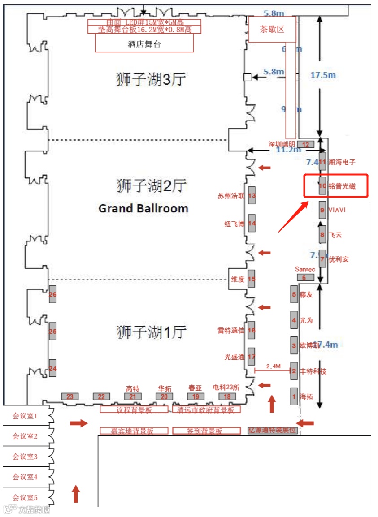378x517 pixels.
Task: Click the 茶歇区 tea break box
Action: tap(272, 30)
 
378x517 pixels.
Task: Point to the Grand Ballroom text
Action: tap(143, 208)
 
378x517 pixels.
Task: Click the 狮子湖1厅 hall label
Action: tap(151, 332)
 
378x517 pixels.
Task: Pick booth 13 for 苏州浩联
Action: tap(252, 196)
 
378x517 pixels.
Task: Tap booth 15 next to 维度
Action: tap(252, 279)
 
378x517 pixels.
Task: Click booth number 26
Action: tap(52, 294)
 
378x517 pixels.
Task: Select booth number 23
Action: tap(70, 396)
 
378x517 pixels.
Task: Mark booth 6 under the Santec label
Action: tap(305, 277)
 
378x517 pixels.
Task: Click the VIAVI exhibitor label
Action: tap(337, 210)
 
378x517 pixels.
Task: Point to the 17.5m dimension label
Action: tap(323, 75)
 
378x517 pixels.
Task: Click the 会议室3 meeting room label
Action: tap(25, 457)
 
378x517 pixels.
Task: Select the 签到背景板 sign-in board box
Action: tap(204, 431)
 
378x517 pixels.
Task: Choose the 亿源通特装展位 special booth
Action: tap(273, 430)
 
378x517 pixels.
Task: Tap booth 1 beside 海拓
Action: tap(294, 396)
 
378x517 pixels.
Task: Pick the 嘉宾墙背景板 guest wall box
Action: tap(134, 431)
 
